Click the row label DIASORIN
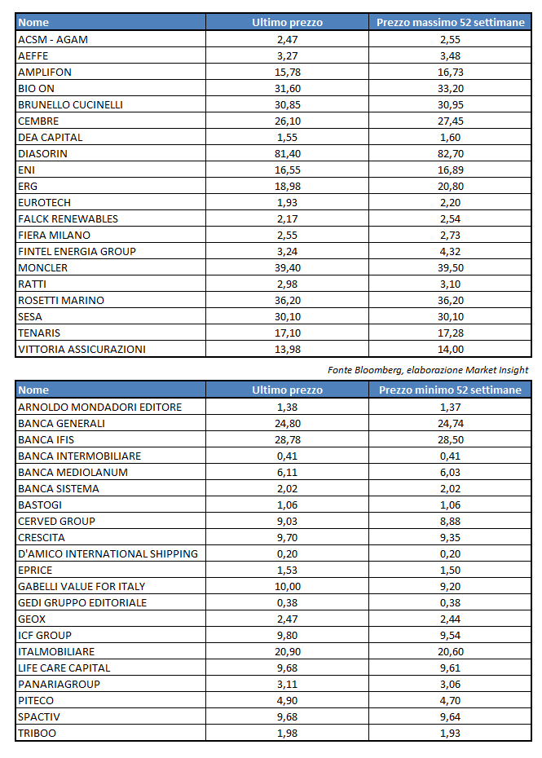tap(43, 153)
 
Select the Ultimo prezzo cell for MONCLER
tap(287, 267)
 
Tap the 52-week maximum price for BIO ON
tap(450, 88)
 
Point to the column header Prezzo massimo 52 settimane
tap(450, 23)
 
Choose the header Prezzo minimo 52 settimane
tap(450, 390)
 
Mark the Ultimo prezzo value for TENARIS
tap(287, 333)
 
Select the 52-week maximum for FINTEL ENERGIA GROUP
tap(450, 251)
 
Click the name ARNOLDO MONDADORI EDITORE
tap(99, 407)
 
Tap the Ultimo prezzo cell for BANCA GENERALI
tap(287, 423)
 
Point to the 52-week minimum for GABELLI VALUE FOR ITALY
tap(450, 586)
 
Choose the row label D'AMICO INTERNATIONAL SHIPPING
tap(108, 553)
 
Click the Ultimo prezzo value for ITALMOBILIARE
tap(287, 651)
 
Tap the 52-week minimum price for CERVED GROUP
tap(450, 521)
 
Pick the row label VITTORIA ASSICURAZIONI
tap(82, 349)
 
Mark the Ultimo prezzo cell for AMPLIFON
tap(287, 72)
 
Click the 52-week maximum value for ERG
tap(450, 186)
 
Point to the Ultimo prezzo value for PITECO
tap(287, 700)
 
